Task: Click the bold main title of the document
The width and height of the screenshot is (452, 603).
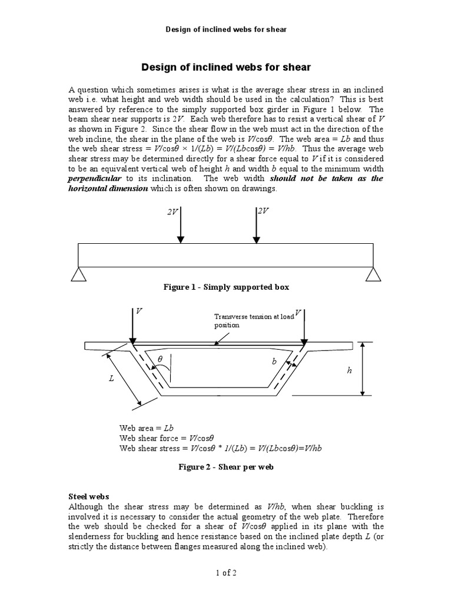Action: click(x=226, y=68)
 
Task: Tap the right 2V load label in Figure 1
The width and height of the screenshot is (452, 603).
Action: click(x=262, y=211)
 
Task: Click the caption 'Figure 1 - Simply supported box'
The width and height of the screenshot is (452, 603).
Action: click(x=226, y=287)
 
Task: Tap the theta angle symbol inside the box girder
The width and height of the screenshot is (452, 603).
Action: click(x=159, y=358)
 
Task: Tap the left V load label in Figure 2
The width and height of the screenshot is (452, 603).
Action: click(x=139, y=310)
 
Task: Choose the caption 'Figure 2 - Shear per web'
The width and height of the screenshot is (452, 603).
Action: click(x=226, y=468)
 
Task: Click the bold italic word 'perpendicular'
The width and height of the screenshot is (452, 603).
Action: click(x=95, y=178)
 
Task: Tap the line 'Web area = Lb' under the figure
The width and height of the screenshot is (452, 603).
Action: click(x=147, y=429)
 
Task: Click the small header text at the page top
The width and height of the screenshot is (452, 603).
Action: click(x=226, y=29)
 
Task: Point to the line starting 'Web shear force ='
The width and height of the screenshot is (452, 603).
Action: click(x=166, y=438)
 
